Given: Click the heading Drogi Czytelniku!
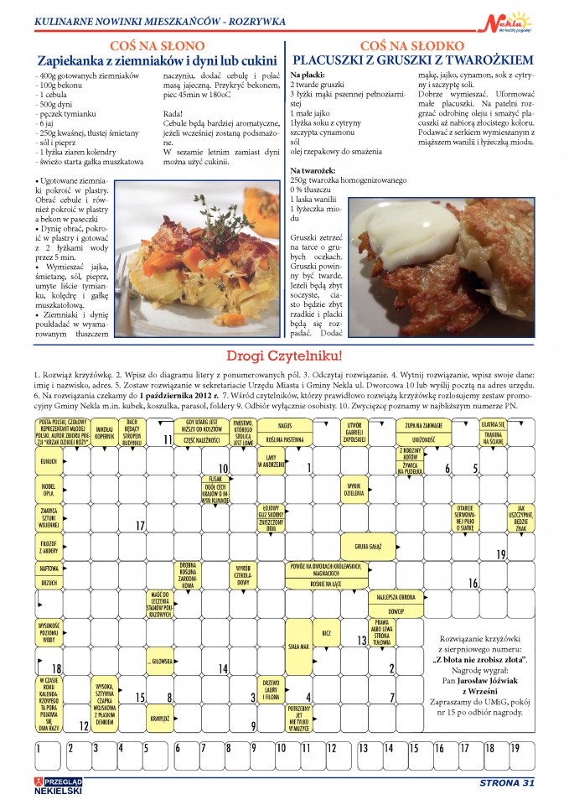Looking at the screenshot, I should point(284,355).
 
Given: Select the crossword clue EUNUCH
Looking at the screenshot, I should point(48,460).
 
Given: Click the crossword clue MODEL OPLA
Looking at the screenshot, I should point(49,488).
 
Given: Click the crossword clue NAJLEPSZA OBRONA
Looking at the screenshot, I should point(397,597).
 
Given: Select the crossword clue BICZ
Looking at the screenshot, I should point(328,632).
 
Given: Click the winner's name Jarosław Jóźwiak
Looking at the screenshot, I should point(488,680).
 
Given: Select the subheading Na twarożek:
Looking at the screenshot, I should point(314,169).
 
